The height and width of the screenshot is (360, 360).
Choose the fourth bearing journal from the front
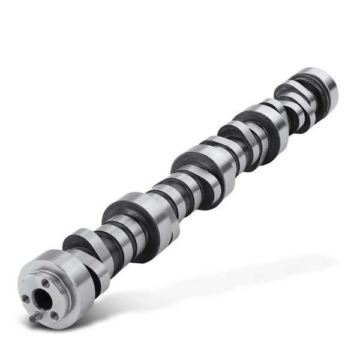pyautogui.click(x=264, y=123)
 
